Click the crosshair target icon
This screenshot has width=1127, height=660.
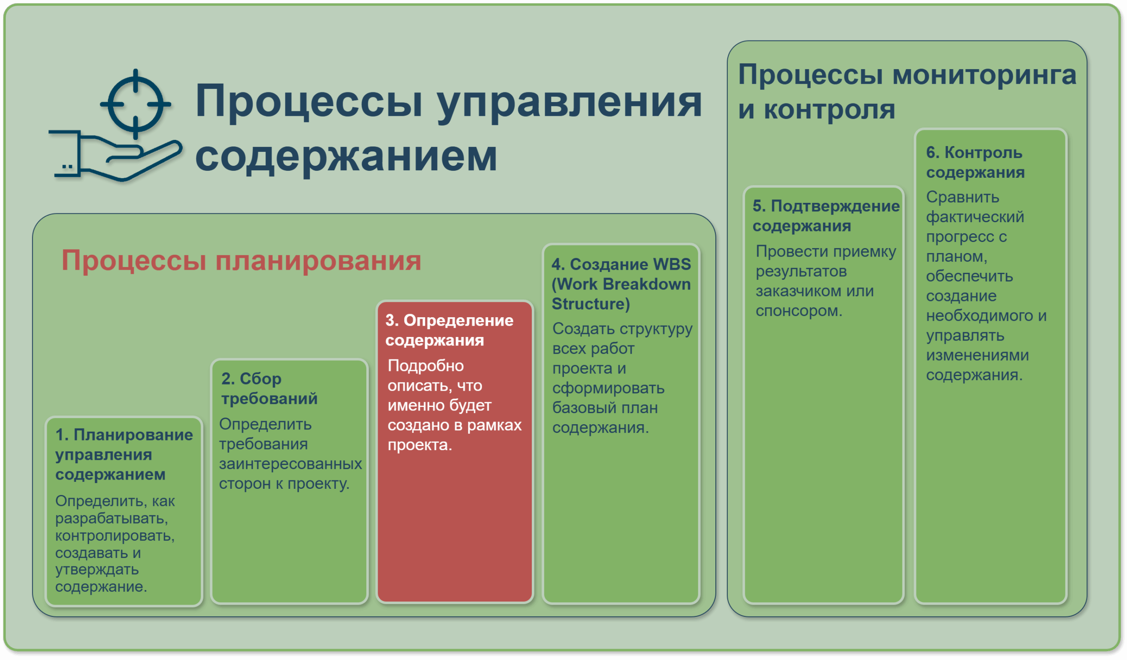coord(136,104)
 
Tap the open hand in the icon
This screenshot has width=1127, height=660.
coord(115,156)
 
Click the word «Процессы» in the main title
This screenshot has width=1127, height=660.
coord(309,103)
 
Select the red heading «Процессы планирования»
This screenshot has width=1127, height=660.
coord(242,260)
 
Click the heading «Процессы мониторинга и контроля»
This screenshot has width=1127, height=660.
coord(907,92)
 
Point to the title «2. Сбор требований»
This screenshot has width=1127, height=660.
coord(269,389)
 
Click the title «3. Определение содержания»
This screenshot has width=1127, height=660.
coord(449,330)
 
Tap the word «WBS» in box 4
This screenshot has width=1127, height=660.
coord(672,264)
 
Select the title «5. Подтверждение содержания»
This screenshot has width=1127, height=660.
coord(826,216)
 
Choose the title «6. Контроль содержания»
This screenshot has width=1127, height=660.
coord(976,162)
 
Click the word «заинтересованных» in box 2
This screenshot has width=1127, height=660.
coord(291,464)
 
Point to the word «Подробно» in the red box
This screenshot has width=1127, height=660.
coord(426,366)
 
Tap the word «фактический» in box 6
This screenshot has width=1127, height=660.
coord(975,217)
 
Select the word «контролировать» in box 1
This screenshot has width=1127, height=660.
coord(115,536)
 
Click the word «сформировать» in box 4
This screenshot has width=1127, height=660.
coord(608,389)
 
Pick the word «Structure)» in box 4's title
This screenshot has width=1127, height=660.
coord(591,304)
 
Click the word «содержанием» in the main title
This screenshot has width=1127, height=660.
coord(346,156)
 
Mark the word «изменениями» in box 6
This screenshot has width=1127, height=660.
coord(978,355)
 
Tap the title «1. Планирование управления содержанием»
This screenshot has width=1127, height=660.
coord(124,455)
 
